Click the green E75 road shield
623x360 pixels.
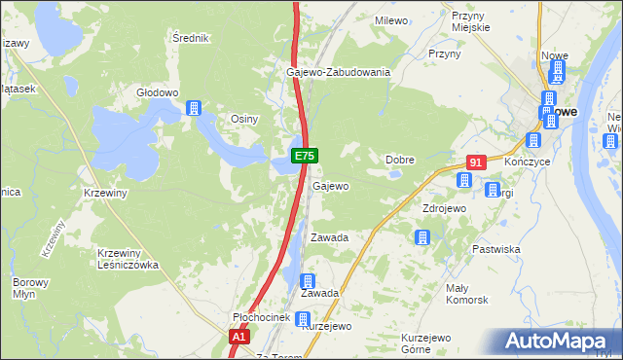click(304, 155)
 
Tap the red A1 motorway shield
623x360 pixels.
click(239, 337)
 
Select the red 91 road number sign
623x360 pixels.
click(475, 162)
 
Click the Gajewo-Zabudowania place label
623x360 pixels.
click(338, 72)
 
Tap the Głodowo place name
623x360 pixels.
click(158, 93)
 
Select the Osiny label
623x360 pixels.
click(243, 119)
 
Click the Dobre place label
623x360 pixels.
click(401, 159)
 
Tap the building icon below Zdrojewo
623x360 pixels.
click(422, 237)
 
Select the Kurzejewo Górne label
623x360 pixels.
click(429, 342)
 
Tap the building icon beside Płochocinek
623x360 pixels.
click(303, 318)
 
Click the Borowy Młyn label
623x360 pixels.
click(24, 289)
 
